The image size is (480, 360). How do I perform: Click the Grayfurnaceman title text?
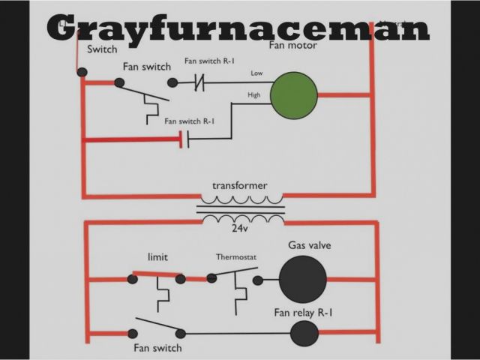238,28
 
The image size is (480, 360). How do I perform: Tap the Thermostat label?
236,257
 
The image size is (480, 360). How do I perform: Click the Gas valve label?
309,245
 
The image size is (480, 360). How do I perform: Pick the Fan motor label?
292,46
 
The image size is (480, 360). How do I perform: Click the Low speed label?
256,73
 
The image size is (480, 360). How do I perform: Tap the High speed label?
255,95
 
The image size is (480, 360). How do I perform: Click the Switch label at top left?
102,50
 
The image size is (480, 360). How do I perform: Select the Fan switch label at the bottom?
157,348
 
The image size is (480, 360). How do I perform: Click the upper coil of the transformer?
240,201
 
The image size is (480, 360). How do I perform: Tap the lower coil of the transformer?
240,218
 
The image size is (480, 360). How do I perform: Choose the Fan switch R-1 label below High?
190,121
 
